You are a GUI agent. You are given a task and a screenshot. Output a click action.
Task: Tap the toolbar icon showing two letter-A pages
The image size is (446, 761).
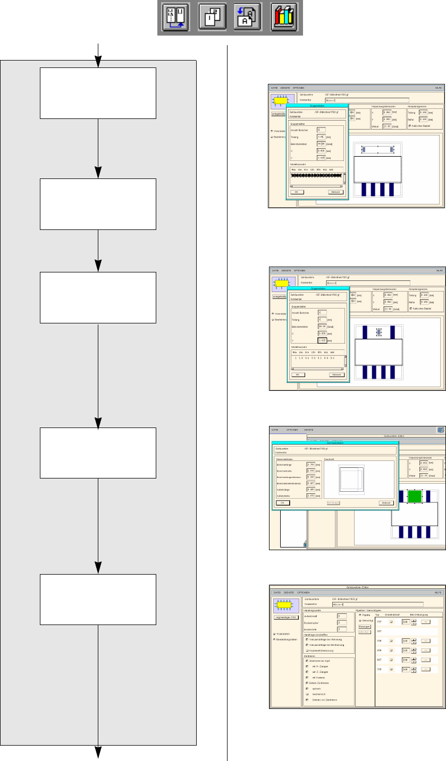pos(247,18)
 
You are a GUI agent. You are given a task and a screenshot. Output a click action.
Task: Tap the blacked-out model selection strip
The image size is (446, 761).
pos(316,175)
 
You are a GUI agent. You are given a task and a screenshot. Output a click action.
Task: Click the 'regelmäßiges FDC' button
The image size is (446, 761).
pos(286,617)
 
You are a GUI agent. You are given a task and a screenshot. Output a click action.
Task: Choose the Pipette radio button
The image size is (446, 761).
pos(361,600)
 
